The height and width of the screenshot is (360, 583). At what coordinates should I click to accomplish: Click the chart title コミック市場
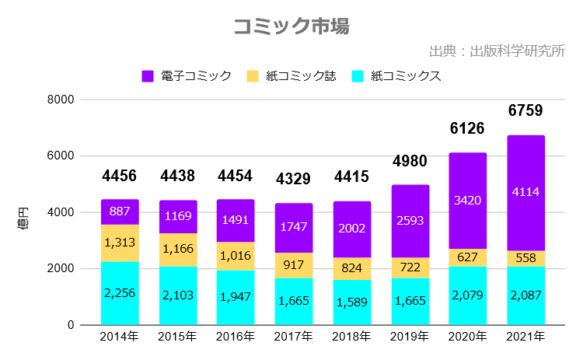pos(291,26)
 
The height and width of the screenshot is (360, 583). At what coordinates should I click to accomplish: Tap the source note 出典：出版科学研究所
pos(497,52)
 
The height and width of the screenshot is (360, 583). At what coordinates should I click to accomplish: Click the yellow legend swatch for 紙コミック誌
pos(253,76)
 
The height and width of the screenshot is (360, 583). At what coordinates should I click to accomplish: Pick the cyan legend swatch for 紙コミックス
pos(358,76)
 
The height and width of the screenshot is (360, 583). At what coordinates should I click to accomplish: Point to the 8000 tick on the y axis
pos(61,100)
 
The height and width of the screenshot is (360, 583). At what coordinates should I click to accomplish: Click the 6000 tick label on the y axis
pos(61,156)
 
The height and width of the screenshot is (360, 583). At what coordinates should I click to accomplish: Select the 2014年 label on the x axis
pos(120,337)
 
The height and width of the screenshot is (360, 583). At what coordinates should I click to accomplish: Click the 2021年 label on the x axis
pos(526,337)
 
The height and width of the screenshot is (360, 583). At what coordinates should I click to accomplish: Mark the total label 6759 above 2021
pos(525,111)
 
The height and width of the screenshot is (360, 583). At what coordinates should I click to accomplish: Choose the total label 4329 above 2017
pos(294,180)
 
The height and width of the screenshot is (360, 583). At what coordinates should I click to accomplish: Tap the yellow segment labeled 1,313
pos(120,243)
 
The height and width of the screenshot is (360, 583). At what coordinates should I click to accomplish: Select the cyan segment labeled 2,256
pos(120,293)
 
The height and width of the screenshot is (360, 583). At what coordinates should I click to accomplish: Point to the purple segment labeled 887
pos(120,212)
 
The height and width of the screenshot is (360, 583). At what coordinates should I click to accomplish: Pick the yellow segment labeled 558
pos(526,259)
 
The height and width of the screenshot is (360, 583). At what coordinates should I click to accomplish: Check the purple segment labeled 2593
pos(410,221)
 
